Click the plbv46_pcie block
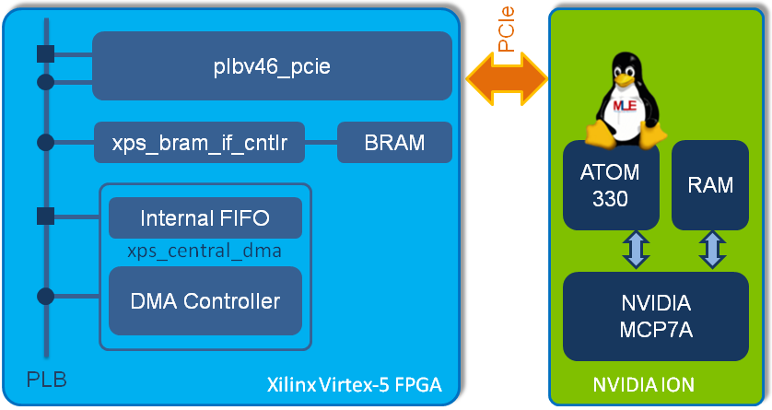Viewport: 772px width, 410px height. point(272,65)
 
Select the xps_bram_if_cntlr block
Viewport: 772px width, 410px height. point(199,143)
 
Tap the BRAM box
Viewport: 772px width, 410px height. point(394,143)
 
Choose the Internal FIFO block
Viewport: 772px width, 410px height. point(205,218)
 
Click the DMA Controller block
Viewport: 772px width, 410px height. point(205,300)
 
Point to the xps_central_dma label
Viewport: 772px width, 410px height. point(205,251)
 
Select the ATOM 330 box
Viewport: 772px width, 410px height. point(609,185)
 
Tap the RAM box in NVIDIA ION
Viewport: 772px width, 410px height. point(709,185)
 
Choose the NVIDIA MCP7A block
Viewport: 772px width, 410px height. point(655,316)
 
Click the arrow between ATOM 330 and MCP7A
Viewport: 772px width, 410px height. point(637,250)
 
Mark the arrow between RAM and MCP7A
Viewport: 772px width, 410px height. point(711,250)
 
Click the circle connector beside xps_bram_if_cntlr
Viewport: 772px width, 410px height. point(43,143)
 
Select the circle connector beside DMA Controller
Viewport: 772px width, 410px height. point(43,297)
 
